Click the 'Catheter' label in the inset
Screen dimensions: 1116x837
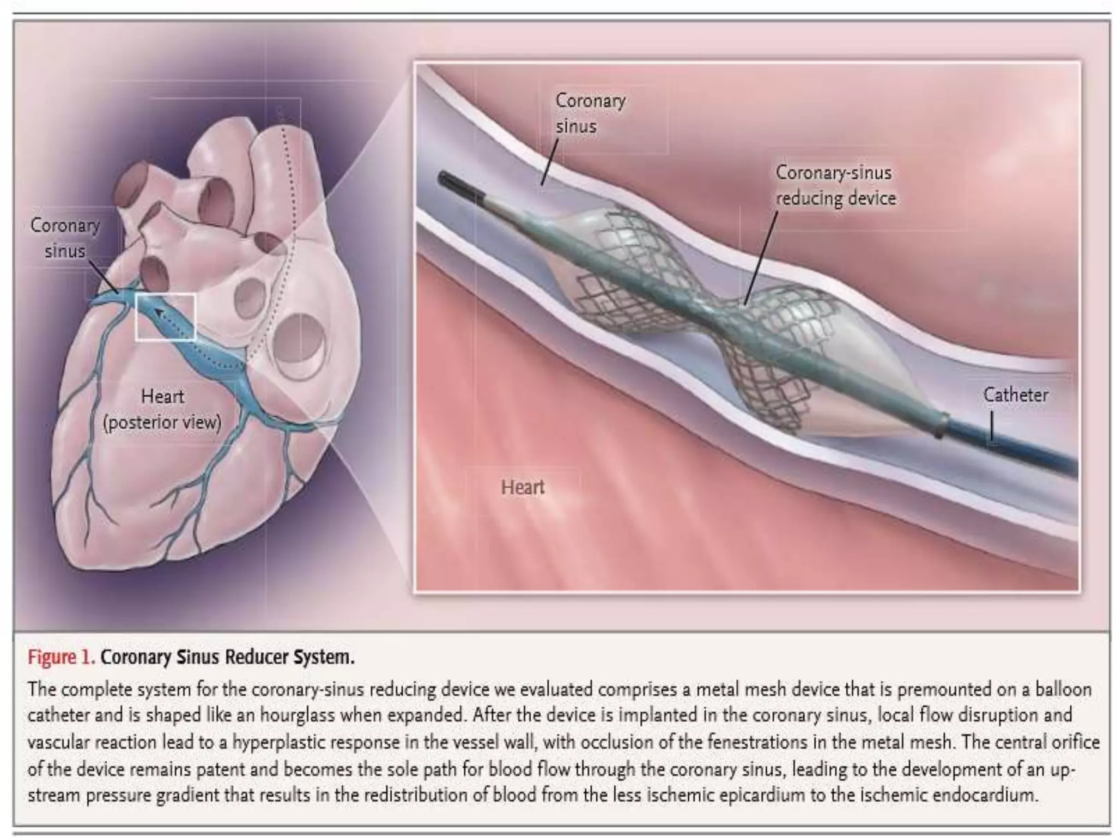point(1015,395)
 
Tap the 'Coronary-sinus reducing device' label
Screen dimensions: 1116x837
point(835,185)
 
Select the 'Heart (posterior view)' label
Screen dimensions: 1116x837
point(162,409)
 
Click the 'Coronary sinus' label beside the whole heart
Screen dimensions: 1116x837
point(65,238)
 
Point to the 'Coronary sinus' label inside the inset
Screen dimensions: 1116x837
point(590,113)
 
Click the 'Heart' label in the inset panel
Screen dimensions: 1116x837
point(522,487)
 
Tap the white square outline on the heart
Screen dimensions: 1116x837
point(165,317)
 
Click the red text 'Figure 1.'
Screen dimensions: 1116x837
point(61,657)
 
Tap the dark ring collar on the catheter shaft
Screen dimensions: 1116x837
point(941,423)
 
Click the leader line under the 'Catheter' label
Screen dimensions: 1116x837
point(991,425)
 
